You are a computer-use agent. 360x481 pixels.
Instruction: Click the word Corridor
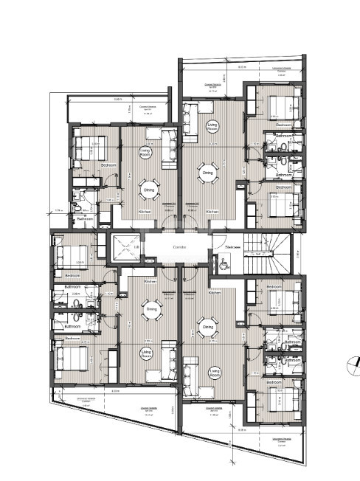pyautogui.click(x=180, y=248)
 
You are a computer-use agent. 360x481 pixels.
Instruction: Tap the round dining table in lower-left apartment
pyautogui.click(x=152, y=310)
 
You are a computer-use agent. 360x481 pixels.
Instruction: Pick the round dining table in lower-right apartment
pyautogui.click(x=207, y=325)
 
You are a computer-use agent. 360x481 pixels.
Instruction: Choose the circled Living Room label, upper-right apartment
pyautogui.click(x=212, y=126)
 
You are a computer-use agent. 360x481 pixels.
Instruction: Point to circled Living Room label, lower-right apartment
pyautogui.click(x=215, y=373)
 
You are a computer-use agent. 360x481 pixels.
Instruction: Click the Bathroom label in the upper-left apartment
pyautogui.click(x=86, y=218)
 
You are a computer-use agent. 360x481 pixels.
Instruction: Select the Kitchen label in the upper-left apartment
pyautogui.click(x=145, y=212)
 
